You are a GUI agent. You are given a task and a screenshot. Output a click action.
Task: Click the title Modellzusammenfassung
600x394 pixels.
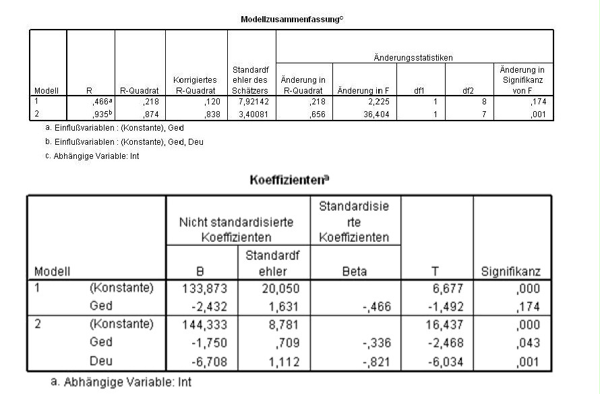(x=292, y=20)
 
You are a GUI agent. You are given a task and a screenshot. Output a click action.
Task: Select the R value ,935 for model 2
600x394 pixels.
(x=100, y=115)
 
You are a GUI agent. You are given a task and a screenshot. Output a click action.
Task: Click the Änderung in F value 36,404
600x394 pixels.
(x=357, y=115)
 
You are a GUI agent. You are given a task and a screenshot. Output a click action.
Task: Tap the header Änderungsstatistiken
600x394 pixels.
(x=414, y=59)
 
